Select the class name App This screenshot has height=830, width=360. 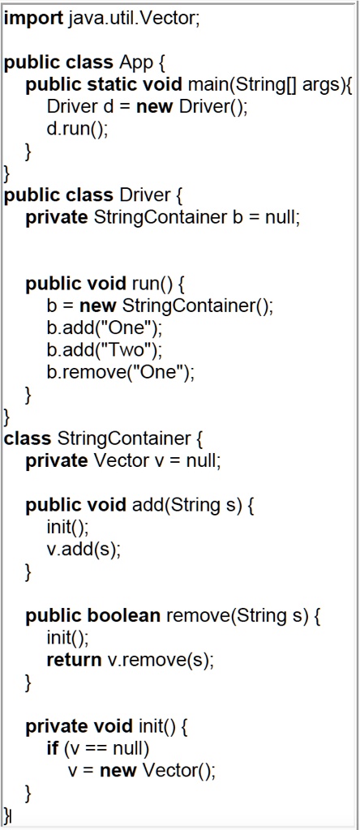click(x=135, y=63)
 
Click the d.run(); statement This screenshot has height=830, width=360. click(x=77, y=129)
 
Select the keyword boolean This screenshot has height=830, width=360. click(x=122, y=616)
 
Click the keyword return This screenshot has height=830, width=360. click(x=75, y=660)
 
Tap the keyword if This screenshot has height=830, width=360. click(x=53, y=748)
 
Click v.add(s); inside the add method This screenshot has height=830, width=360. click(x=84, y=550)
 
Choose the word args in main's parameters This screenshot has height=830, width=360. click(x=317, y=85)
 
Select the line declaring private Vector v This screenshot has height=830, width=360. click(x=122, y=461)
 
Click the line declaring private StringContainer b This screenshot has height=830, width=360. click(x=162, y=217)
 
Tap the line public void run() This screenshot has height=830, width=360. click(x=106, y=284)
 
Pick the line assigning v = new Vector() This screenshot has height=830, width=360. click(x=142, y=770)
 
